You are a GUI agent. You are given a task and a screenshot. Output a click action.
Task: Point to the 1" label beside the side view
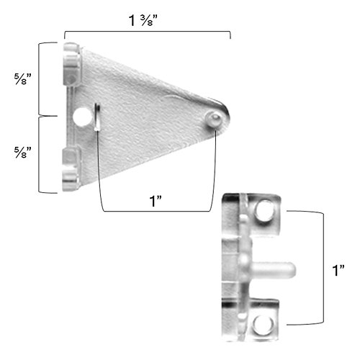coord(343,271)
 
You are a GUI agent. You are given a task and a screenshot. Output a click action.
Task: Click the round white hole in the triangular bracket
coord(82,115)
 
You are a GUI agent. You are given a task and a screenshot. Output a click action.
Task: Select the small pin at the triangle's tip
coord(213,120)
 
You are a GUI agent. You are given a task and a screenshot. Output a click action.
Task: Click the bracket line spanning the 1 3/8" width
coord(147,33)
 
